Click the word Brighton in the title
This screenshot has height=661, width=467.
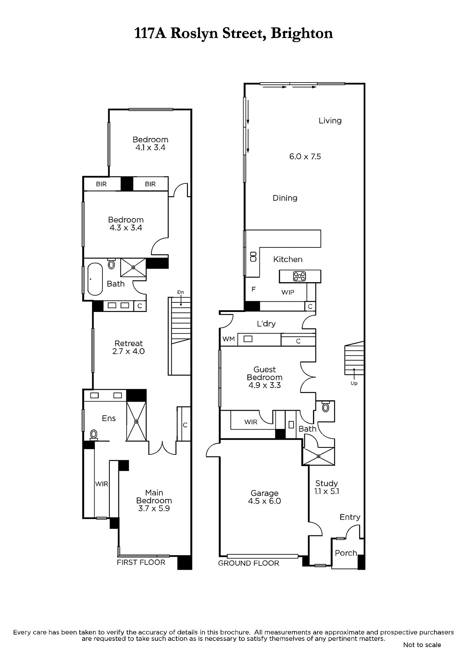point(302,33)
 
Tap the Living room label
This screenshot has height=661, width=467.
point(330,120)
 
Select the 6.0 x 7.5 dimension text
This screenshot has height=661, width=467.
point(305,157)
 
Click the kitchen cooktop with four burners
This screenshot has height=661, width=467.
point(299,276)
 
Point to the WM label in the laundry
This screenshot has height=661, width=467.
point(229,339)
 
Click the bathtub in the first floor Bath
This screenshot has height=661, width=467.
point(95,279)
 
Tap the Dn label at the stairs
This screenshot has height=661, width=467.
point(180,292)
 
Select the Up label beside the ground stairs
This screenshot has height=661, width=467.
point(354,383)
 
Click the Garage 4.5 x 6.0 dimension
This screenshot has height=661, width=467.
point(264,501)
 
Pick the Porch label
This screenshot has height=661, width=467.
point(346,553)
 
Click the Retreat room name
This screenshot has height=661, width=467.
point(128,343)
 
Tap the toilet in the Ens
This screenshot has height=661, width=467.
point(94,435)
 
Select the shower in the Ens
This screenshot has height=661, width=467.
point(136,421)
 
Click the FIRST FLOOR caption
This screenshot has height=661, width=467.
point(141,562)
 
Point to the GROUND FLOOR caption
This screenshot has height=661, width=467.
point(249,564)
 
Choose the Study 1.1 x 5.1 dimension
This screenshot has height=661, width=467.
point(327,491)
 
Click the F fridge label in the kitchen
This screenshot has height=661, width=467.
point(254,289)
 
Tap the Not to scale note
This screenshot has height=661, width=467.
point(422,645)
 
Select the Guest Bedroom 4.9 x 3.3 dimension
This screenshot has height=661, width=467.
point(264,385)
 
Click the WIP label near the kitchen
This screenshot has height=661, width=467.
point(288,292)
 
